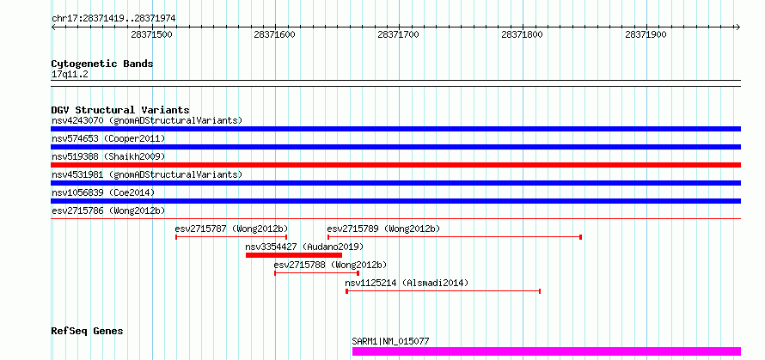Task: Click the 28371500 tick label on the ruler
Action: [152, 34]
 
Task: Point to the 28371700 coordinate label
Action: [399, 34]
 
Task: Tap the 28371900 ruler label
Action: [646, 34]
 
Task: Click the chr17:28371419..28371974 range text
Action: [113, 19]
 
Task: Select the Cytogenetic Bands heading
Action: [102, 64]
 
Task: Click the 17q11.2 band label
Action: [70, 75]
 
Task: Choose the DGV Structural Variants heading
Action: [120, 110]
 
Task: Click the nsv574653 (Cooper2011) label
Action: [108, 139]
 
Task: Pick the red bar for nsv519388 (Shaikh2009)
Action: [395, 165]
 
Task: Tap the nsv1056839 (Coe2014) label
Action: [103, 193]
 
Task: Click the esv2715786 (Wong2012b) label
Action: [108, 211]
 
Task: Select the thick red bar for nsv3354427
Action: [294, 254]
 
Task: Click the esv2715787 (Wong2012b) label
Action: [232, 229]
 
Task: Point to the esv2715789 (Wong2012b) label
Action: [383, 229]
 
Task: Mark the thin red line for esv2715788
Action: [316, 272]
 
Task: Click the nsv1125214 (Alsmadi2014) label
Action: [407, 283]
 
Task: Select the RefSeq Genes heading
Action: [87, 332]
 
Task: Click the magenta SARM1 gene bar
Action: [547, 351]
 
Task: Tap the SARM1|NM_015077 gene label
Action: [390, 341]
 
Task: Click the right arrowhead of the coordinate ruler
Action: [738, 27]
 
